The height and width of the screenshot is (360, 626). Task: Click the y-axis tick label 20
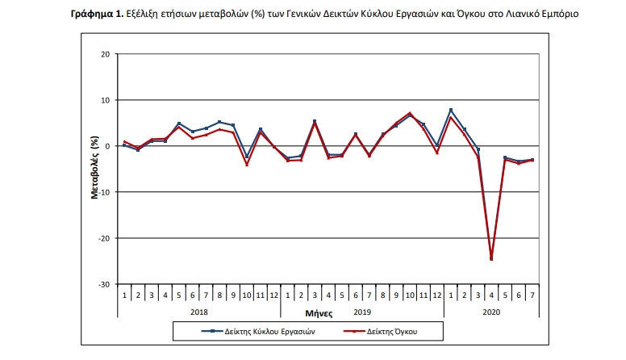(106, 54)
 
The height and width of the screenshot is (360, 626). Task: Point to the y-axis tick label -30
(104, 284)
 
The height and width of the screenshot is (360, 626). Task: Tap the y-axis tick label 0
(107, 146)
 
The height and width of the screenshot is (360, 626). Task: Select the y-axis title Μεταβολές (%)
(94, 170)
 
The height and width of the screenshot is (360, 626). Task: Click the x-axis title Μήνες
(319, 312)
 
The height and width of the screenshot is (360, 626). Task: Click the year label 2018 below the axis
(199, 311)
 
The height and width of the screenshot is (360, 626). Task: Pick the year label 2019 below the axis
(363, 311)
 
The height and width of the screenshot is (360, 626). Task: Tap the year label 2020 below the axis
(491, 311)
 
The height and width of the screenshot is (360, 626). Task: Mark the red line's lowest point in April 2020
(491, 260)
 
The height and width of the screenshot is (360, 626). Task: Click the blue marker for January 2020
(450, 110)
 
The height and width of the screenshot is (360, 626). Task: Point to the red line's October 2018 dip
(246, 165)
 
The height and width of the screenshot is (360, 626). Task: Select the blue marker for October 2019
(410, 115)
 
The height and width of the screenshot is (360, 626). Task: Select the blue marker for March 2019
(315, 121)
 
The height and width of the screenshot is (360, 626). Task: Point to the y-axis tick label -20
(104, 238)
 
